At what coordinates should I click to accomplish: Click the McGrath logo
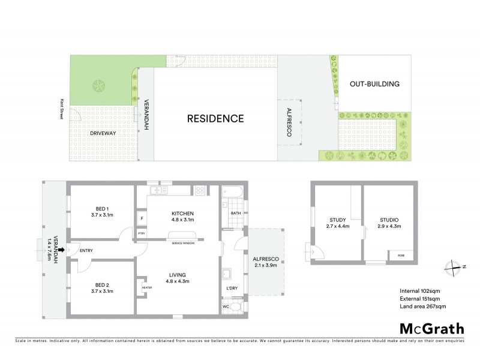pos(431,328)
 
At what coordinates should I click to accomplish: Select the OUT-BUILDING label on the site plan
pos(374,84)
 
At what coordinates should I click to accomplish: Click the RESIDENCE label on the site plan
pos(215,118)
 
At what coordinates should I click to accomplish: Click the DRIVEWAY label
pos(103,133)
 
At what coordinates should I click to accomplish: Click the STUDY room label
pos(338,220)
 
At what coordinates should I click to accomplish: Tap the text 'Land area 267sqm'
pos(422,306)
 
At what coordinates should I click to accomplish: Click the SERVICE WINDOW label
pos(183,243)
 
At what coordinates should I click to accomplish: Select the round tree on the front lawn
pos(97,86)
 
